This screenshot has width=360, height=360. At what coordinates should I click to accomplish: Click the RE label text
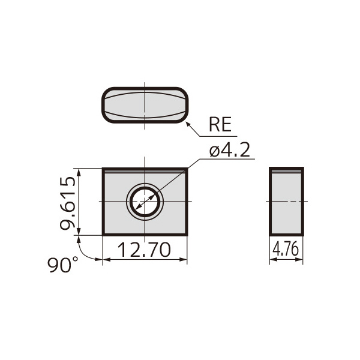(220, 124)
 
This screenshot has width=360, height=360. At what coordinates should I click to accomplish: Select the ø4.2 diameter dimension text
(230, 150)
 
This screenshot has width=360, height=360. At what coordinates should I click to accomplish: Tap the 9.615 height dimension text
(68, 203)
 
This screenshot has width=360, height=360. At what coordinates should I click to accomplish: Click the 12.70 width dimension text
(145, 250)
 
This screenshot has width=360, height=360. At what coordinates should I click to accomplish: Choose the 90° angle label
(62, 265)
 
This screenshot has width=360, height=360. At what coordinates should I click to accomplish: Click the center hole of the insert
(145, 202)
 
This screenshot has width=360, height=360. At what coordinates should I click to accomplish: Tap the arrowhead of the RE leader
(188, 125)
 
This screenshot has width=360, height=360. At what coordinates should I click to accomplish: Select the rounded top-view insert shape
(145, 105)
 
